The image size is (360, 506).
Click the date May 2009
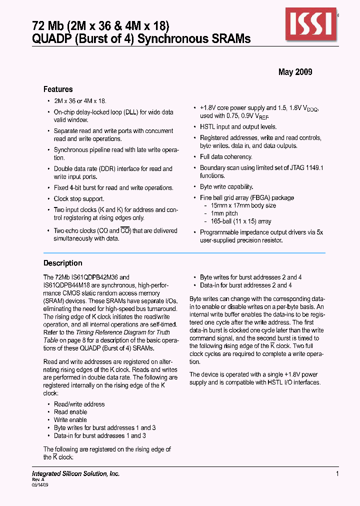[x=295, y=72]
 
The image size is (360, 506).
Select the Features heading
[x=58, y=89]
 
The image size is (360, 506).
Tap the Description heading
[x=62, y=263]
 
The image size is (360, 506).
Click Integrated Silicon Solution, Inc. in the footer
[x=75, y=473]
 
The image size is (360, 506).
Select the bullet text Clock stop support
[x=79, y=199]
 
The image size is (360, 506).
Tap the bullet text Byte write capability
[x=226, y=187]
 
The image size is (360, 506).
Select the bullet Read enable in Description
[x=70, y=412]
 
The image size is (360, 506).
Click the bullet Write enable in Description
[x=70, y=420]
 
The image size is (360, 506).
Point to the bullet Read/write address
[x=79, y=404]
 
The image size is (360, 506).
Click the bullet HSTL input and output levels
[x=238, y=127]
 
